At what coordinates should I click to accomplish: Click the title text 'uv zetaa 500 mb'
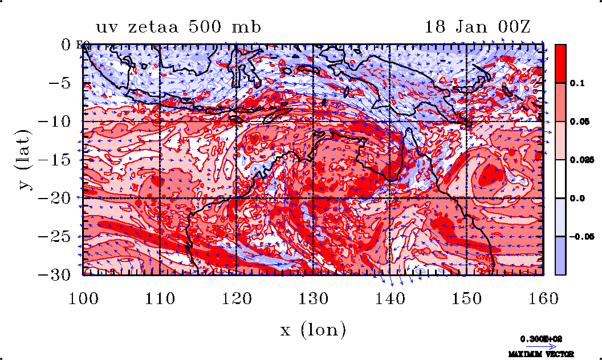(x=178, y=27)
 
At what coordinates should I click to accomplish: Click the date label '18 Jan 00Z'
(x=477, y=27)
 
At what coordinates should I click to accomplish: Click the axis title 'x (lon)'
(x=313, y=329)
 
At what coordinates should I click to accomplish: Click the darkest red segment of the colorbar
(x=560, y=63)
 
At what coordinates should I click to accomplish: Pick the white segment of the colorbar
(x=560, y=179)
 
